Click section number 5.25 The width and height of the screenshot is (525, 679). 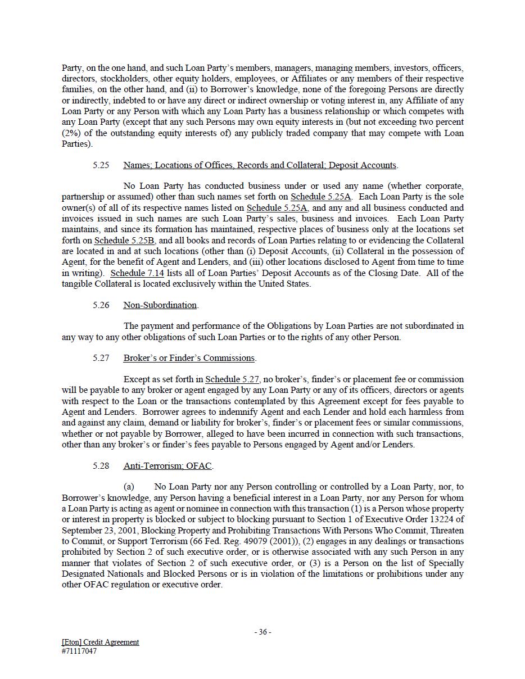coord(101,165)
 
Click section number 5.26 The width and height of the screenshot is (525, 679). coord(101,305)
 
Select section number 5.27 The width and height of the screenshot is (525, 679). coord(101,358)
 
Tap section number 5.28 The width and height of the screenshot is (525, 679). coord(101,466)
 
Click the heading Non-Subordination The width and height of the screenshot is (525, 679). coord(160,305)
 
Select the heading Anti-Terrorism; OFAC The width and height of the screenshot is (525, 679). coord(168,466)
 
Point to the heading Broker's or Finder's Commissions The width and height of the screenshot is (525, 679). coord(189,358)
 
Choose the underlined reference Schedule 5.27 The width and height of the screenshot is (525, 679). coord(232,379)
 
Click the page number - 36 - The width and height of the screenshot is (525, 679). coord(262,632)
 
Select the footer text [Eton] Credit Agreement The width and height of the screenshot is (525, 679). coord(100,642)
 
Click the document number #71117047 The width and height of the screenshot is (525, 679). coord(79,651)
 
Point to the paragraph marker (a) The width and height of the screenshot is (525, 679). coord(129,487)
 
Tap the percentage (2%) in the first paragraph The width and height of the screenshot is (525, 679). coord(71,133)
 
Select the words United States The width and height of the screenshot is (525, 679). coord(286,284)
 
